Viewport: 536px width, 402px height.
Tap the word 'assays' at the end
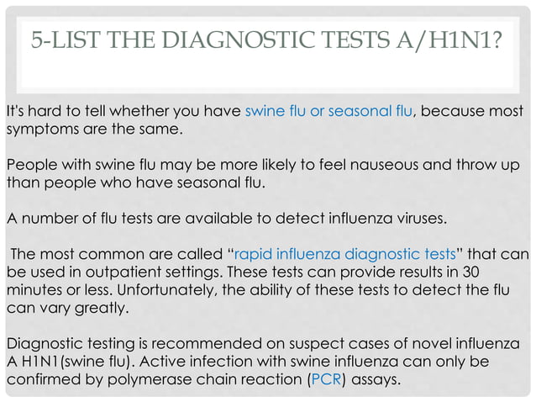pos(376,379)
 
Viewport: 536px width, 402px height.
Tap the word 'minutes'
pos(34,291)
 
